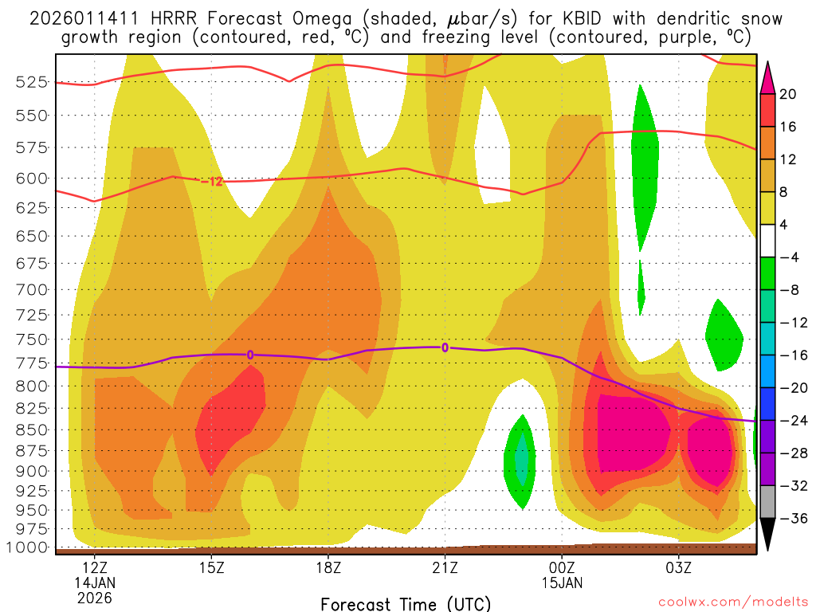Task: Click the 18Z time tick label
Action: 328,568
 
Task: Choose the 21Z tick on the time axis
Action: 445,568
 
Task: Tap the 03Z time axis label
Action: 678,568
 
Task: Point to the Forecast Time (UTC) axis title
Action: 406,603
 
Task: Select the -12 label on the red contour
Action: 211,182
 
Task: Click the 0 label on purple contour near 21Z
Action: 445,347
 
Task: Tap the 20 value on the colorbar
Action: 788,94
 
